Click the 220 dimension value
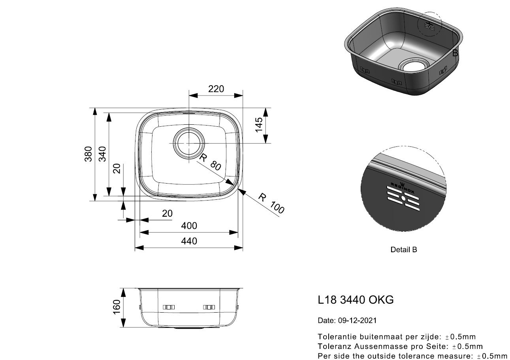[216, 89]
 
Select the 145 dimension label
[259, 125]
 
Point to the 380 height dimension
[88, 154]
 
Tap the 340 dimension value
[102, 154]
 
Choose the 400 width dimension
[189, 226]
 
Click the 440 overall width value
[189, 241]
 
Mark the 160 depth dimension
[117, 307]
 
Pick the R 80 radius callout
[210, 162]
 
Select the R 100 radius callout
[271, 203]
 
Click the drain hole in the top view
[189, 143]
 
